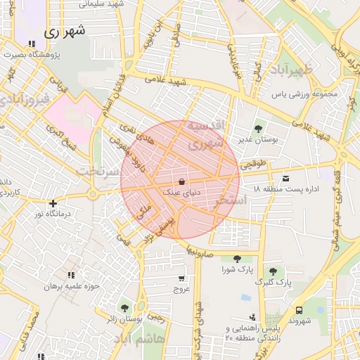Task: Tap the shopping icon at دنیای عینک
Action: (x=182, y=181)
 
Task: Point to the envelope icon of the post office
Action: (x=285, y=178)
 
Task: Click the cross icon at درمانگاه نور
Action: (x=52, y=203)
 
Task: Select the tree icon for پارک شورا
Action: (x=237, y=259)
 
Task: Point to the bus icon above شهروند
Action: (x=300, y=309)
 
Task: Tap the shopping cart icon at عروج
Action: (x=182, y=278)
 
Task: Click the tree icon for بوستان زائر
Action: (x=124, y=308)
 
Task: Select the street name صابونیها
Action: (x=200, y=250)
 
